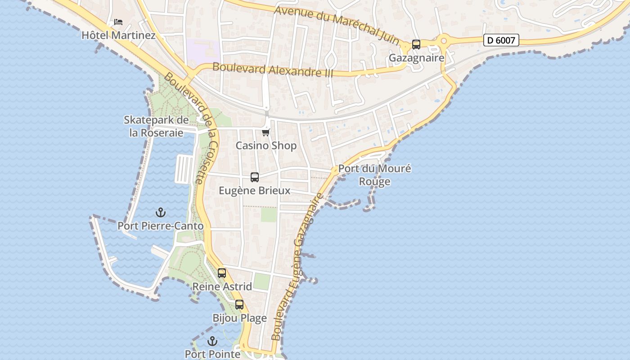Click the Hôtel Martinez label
pyautogui.click(x=118, y=35)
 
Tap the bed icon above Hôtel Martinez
pyautogui.click(x=118, y=22)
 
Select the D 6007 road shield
pyautogui.click(x=501, y=40)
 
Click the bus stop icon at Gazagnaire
pyautogui.click(x=416, y=45)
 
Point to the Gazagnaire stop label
pyautogui.click(x=416, y=58)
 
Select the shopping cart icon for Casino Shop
pyautogui.click(x=266, y=132)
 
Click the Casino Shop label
pyautogui.click(x=266, y=146)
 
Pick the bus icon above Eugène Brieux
pyautogui.click(x=255, y=177)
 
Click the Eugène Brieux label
pyautogui.click(x=255, y=191)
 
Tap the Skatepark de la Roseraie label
pyautogui.click(x=156, y=126)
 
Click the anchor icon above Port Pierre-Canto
pyautogui.click(x=161, y=212)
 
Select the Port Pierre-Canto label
pyautogui.click(x=161, y=226)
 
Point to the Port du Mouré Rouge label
pyautogui.click(x=375, y=175)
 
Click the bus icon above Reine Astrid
pyautogui.click(x=222, y=273)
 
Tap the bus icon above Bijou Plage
pyautogui.click(x=239, y=305)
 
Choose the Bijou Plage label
pyautogui.click(x=239, y=318)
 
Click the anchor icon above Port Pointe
pyautogui.click(x=212, y=341)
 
